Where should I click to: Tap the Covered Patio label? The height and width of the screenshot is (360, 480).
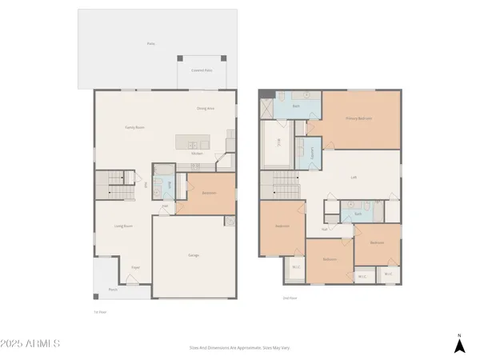[202, 70]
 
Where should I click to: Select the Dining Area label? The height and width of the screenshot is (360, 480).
[206, 108]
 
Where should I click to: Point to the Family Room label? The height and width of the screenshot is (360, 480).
[134, 127]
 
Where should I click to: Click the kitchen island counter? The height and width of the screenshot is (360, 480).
[196, 142]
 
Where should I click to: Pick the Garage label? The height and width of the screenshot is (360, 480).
[194, 255]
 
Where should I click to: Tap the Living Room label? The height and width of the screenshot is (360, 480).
[122, 226]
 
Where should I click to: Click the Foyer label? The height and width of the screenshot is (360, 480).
[136, 268]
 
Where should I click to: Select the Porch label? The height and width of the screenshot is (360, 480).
[113, 290]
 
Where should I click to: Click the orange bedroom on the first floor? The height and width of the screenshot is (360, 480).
[206, 194]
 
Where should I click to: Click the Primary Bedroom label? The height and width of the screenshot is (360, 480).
[358, 118]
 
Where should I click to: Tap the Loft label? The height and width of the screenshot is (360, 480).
[354, 178]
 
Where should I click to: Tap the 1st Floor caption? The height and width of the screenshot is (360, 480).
[100, 312]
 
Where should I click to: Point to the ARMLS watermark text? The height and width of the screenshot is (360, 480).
[32, 344]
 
